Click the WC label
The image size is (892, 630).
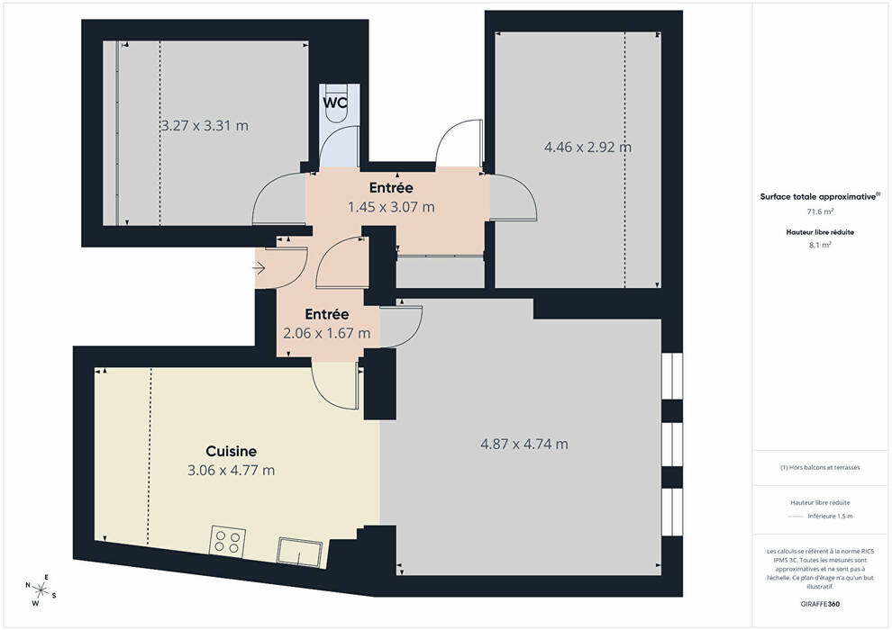pos(335,103)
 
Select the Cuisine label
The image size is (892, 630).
pos(231,451)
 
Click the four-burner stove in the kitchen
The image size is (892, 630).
pos(228,542)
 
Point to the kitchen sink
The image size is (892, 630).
pos(299,552)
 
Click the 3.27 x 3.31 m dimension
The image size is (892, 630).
pos(205,125)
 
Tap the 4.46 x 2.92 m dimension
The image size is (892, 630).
pos(587,147)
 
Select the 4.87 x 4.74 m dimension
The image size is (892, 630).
pos(523,444)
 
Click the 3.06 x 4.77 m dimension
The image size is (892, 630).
pos(231,471)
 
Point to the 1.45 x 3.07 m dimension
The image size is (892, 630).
pos(391,207)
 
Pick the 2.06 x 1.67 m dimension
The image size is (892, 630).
pos(326,333)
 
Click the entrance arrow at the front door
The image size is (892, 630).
pos(259,267)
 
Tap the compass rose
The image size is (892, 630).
pos(41,590)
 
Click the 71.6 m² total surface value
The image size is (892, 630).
pos(820,211)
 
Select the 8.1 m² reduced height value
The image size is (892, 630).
pos(820,245)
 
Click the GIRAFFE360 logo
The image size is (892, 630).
pos(820,604)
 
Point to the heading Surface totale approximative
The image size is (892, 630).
pos(820,196)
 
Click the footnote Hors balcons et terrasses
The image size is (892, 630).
pos(820,467)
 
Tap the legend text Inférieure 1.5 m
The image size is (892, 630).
pos(830,517)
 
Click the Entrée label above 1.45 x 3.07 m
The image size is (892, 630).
pos(391,187)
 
